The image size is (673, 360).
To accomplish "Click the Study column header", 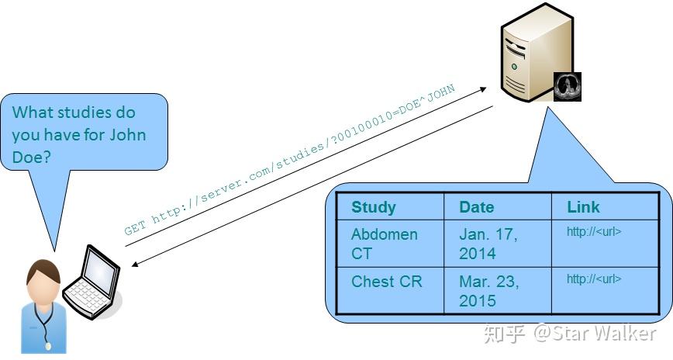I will click(374, 207).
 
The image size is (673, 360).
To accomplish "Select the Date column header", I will click(476, 207).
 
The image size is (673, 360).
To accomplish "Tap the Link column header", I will click(583, 207).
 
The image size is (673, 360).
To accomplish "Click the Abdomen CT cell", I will click(384, 244).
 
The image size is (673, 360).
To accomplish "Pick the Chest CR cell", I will click(386, 282).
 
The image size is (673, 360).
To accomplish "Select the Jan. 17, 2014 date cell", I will click(488, 244).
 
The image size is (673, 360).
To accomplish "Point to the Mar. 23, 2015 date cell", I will click(488, 291).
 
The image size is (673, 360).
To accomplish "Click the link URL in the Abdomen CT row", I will click(594, 231).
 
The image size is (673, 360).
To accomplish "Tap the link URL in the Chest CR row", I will click(594, 279).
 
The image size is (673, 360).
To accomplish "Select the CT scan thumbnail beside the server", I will click(568, 86).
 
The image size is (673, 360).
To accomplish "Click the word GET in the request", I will click(134, 228).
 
